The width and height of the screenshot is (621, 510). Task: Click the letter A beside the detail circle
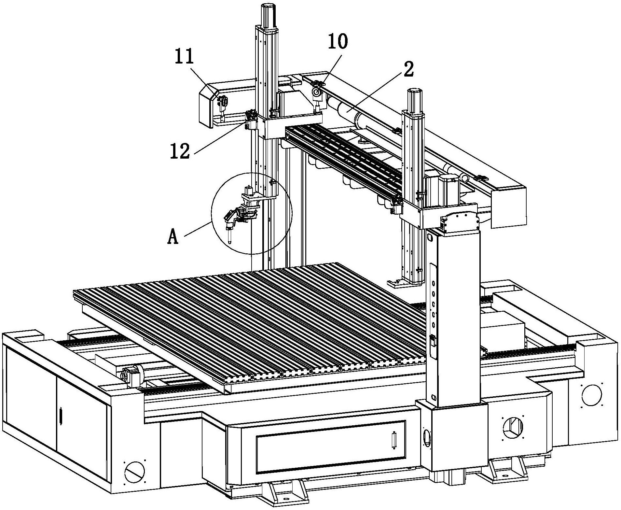click(173, 236)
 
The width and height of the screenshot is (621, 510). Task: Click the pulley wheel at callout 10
click(316, 92)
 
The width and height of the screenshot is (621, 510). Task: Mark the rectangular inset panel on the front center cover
click(331, 447)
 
